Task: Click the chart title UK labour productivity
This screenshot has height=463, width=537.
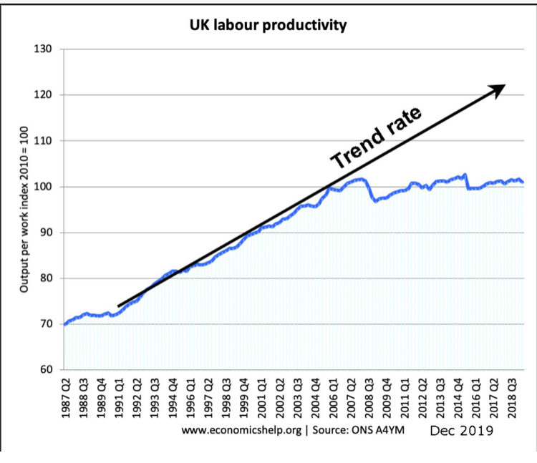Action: click(x=268, y=26)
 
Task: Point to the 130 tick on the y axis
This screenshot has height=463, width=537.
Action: click(x=45, y=49)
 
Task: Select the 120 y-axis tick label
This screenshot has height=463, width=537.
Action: click(x=45, y=95)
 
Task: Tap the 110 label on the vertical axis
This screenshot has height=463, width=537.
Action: click(x=45, y=141)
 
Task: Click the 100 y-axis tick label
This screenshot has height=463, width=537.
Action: click(x=45, y=187)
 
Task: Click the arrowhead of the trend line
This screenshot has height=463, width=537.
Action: click(x=498, y=88)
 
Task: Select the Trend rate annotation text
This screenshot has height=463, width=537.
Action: click(x=375, y=137)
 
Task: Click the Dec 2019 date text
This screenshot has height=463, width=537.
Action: click(x=461, y=432)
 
